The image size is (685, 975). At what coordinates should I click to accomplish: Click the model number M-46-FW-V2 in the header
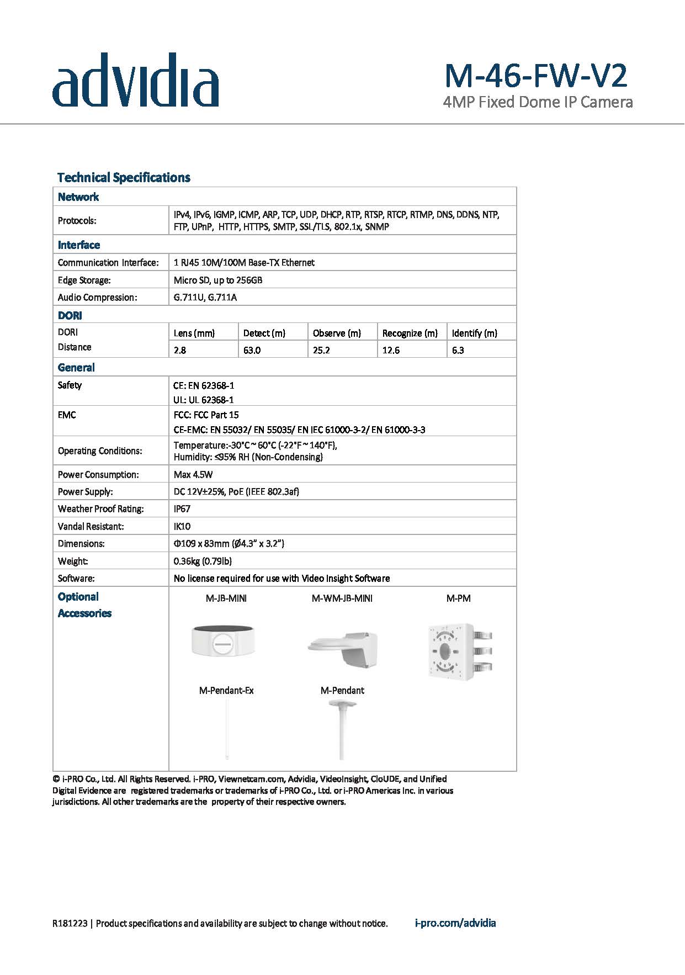point(535,76)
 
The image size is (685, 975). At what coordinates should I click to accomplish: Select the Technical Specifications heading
point(124,178)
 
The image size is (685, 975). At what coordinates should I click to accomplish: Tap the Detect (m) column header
point(264,333)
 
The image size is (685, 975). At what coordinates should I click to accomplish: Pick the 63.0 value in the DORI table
point(252,350)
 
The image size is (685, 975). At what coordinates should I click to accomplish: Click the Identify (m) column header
point(474,333)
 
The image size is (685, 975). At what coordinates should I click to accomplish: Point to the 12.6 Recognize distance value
point(391,350)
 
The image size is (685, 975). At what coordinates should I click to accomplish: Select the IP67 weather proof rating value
point(182,509)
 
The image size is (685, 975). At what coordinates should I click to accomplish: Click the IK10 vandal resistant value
point(182,526)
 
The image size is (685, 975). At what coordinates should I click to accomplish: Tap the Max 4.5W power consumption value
point(193,474)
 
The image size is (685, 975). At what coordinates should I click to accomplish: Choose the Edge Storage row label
point(84,280)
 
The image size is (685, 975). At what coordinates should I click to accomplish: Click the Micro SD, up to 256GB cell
point(218,280)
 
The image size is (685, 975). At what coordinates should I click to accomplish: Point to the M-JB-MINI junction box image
point(223,640)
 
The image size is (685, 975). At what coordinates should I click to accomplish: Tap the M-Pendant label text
point(342,691)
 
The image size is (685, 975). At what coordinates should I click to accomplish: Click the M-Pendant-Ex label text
point(226,691)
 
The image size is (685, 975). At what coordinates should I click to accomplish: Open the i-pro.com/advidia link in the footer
point(455,923)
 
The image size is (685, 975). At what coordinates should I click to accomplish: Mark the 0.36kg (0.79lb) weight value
point(203,561)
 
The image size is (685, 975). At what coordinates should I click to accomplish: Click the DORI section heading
point(70,316)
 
